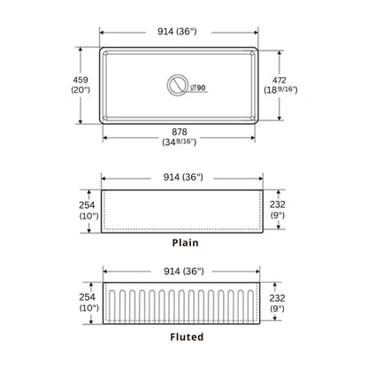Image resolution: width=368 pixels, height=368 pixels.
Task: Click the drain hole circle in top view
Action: point(178,86)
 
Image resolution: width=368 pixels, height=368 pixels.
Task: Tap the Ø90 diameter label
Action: point(199,88)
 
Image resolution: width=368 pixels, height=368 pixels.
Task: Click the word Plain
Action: point(184,241)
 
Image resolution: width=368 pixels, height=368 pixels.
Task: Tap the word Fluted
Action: point(186,337)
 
